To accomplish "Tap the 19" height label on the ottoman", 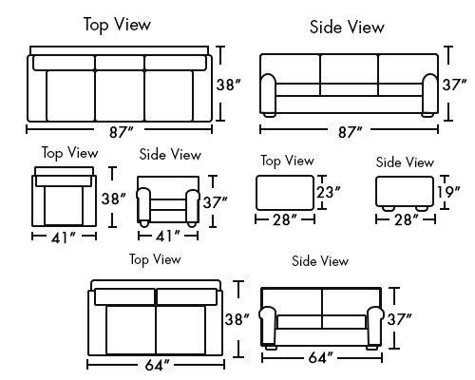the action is coord(448,192).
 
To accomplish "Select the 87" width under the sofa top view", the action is coord(122,132).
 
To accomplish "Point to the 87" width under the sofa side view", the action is coord(350,132).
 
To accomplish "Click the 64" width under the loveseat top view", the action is coord(157,365).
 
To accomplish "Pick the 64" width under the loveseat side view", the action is coord(320,357).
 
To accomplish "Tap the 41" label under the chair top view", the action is coord(64,237).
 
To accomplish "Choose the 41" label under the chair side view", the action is coord(168,236).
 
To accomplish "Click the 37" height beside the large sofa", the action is coord(454,85).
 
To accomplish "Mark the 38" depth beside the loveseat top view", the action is coord(237,319).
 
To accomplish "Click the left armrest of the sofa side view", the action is coord(268,93).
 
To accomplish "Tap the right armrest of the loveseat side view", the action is coord(375,326).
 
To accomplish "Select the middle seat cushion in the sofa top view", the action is coord(120,96).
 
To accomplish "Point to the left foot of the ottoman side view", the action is coord(388,208).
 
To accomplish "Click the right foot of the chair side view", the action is coord(192,224).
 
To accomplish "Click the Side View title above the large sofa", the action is coord(347,27).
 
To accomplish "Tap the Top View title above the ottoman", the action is coord(288,161).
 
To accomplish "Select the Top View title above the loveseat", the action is coord(155,259).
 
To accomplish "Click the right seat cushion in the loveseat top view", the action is coord(180,330).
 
